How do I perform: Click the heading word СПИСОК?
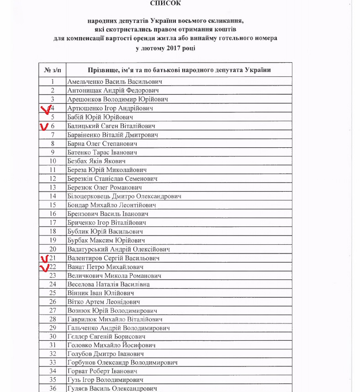(165, 3)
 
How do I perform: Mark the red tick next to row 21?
(45, 259)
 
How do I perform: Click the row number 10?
(53, 161)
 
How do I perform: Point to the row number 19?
(53, 240)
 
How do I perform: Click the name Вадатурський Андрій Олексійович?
(118, 249)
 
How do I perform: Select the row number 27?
(53, 311)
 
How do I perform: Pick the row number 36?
(53, 388)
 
